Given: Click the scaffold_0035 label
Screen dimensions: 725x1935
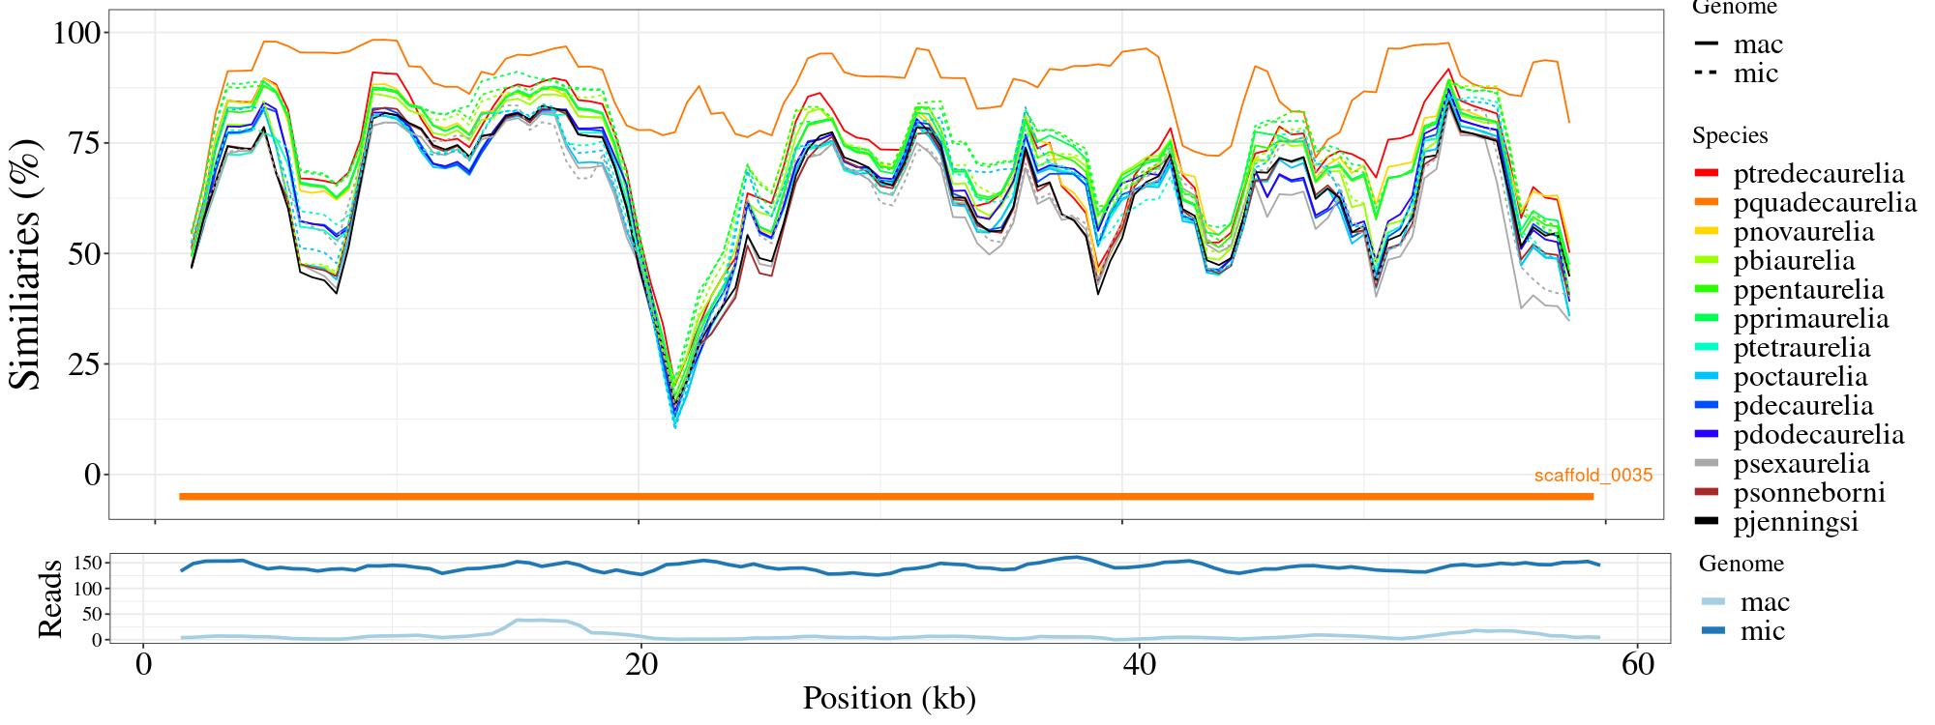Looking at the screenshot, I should pos(1593,476).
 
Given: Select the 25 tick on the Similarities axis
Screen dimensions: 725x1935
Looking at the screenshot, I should pos(82,364).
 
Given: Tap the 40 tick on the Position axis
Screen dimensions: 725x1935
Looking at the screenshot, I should pos(1140,666).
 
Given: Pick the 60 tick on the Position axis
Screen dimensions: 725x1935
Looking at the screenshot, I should pos(1637,666).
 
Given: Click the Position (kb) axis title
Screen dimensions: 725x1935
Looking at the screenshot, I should pos(888,698).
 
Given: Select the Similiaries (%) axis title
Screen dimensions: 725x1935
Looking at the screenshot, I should pos(27,264).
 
